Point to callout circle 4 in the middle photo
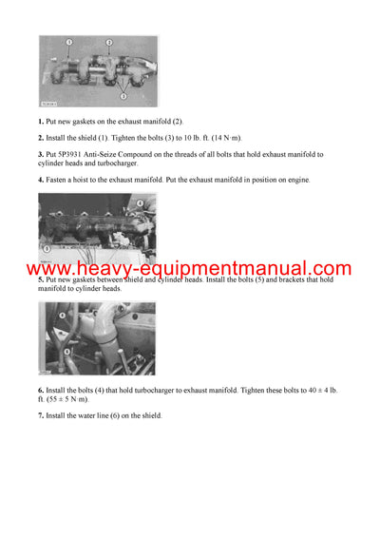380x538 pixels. coord(141,202)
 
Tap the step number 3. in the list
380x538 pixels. coord(41,153)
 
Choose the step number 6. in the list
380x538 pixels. coord(41,392)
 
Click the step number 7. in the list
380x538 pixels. coord(41,416)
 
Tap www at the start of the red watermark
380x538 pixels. coord(44,270)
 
